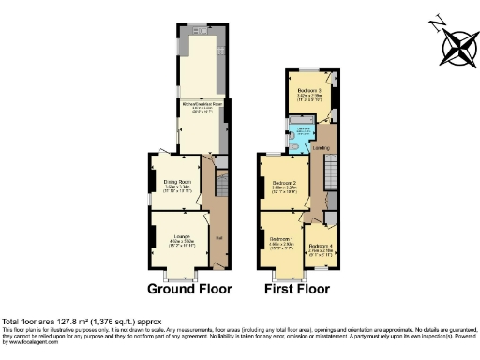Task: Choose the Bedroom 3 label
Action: (x=309, y=91)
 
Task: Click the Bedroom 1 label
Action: (x=280, y=239)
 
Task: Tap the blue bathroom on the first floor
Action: (x=301, y=138)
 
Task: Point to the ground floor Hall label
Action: (x=220, y=240)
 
